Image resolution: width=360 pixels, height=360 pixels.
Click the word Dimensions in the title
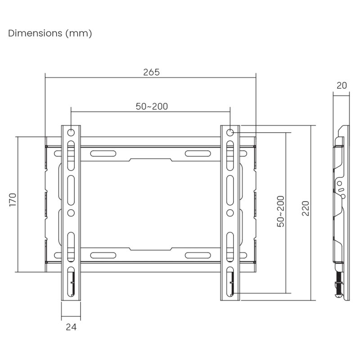point(35,34)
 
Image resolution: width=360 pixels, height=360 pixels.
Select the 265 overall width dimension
point(151,72)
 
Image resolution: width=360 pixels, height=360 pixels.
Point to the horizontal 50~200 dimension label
point(152,106)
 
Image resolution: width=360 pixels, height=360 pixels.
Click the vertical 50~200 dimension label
point(280,211)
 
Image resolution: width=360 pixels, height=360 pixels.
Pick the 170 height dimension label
point(12,200)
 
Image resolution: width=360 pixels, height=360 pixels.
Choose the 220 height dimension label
point(306,208)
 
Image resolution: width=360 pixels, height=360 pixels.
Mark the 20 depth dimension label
point(342,85)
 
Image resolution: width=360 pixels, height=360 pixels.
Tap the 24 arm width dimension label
point(71,327)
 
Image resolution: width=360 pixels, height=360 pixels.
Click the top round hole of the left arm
point(71,133)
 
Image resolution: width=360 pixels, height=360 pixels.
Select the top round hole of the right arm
point(230,133)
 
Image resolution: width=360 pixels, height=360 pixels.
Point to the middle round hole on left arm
point(71,212)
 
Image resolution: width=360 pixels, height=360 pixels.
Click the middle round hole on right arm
point(230,212)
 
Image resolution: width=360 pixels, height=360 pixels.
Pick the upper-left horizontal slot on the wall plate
point(103,153)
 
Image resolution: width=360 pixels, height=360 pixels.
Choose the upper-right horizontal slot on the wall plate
point(198,153)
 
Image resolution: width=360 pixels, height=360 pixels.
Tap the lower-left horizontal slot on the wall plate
point(103,255)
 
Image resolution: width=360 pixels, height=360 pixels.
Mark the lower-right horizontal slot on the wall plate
point(198,255)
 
